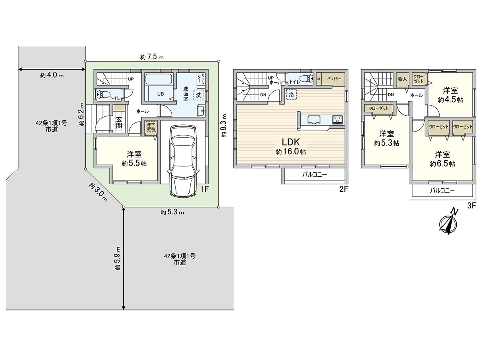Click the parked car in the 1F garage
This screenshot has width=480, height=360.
click(x=182, y=160)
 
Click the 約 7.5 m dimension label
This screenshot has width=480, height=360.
click(x=152, y=57)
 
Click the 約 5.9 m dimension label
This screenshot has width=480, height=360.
click(x=117, y=259)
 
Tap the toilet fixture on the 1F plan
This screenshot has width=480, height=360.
click(x=104, y=94)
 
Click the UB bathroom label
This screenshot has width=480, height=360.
click(x=160, y=94)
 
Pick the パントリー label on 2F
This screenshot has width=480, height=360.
click(x=334, y=79)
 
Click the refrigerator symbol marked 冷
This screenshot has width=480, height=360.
click(x=291, y=95)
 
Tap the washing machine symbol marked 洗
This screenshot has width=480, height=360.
click(x=199, y=96)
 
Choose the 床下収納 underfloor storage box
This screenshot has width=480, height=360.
click(x=151, y=127)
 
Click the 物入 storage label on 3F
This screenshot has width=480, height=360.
click(x=402, y=79)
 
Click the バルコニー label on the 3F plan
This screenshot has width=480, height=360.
click(x=442, y=191)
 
